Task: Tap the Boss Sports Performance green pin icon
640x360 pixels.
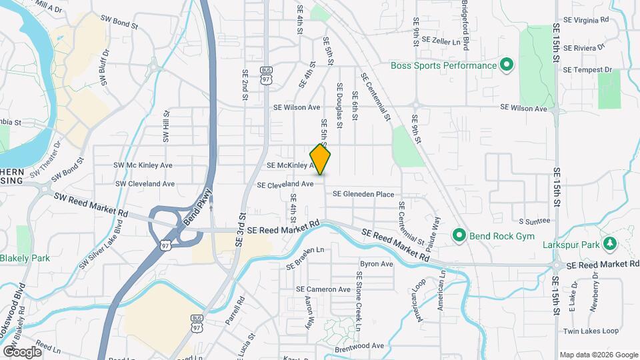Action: click(506, 65)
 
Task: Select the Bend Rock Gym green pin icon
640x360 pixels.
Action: click(459, 235)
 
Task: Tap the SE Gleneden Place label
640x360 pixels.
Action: click(363, 194)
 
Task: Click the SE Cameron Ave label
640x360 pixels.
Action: click(323, 289)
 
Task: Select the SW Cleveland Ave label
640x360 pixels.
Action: click(145, 183)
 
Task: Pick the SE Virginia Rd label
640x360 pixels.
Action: click(586, 20)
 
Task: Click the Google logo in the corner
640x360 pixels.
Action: click(22, 351)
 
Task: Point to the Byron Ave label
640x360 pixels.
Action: click(377, 264)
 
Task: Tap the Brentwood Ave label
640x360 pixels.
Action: click(359, 346)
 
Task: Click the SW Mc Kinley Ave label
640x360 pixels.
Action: click(143, 165)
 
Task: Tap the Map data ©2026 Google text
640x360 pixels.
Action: click(599, 355)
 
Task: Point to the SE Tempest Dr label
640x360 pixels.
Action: click(587, 69)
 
